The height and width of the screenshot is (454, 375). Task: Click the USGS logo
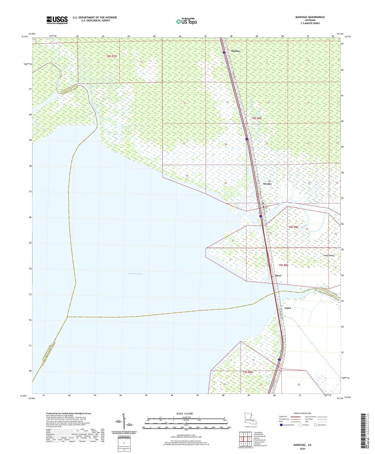[57, 20]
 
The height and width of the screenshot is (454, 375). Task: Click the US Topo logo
[186, 22]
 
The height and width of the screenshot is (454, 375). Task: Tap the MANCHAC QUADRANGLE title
[310, 17]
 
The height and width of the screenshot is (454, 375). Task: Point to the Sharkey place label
[235, 51]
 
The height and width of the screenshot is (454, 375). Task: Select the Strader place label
[267, 184]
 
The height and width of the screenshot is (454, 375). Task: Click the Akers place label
[278, 275]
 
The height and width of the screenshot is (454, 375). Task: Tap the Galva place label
[287, 308]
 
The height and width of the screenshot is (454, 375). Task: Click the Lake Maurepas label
[135, 274]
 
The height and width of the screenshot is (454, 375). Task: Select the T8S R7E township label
[111, 56]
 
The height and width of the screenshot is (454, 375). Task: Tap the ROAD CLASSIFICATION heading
[302, 413]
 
